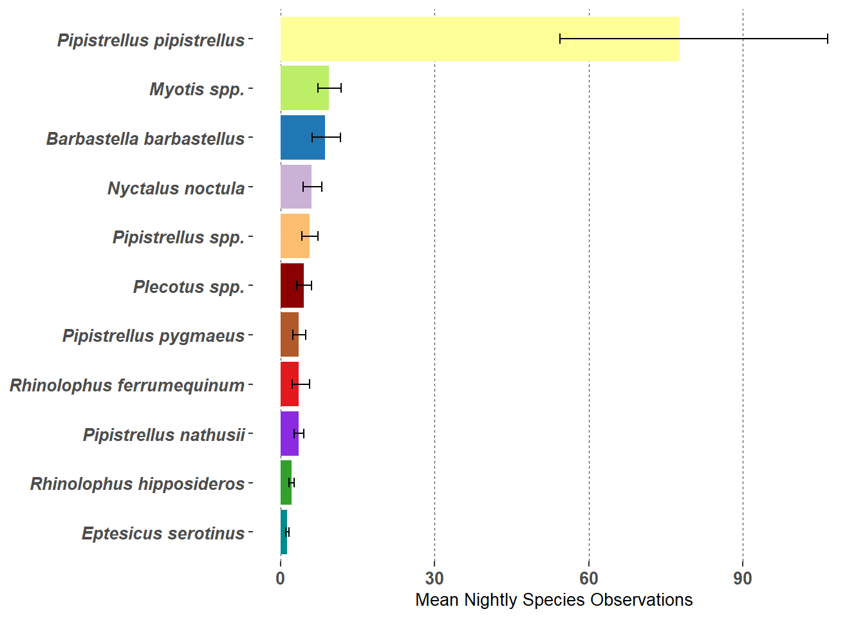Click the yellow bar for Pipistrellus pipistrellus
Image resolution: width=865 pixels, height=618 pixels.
[479, 39]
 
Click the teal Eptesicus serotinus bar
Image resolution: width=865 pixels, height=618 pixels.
[284, 532]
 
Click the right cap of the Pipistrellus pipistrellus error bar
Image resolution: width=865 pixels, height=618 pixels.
[828, 39]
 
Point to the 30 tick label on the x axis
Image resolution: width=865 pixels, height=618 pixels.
[434, 579]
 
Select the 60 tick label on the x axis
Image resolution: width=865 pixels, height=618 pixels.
[589, 579]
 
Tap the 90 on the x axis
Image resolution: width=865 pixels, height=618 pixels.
[743, 579]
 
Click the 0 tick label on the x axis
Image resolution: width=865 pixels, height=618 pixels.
[281, 579]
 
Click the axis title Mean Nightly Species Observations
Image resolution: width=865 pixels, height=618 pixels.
[553, 600]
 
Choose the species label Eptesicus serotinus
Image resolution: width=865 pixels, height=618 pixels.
[163, 534]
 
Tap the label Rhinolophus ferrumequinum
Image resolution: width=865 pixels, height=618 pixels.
[127, 386]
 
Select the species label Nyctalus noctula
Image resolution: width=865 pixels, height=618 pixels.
[176, 189]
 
